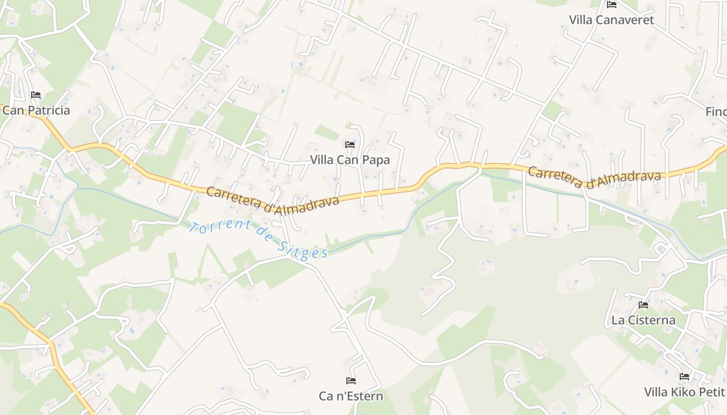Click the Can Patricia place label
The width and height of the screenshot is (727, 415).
(36, 110)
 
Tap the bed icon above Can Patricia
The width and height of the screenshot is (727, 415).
(36, 95)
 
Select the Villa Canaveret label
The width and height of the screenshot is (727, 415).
(611, 20)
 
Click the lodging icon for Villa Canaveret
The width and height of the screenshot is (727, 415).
(612, 5)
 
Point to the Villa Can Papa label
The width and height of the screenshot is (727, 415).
(350, 160)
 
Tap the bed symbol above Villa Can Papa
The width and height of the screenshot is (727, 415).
(350, 144)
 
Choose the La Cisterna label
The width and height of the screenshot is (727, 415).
(643, 320)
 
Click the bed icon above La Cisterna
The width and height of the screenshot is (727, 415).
(643, 305)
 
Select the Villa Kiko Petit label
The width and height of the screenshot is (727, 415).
(684, 392)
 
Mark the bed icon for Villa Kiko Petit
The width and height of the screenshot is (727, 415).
(684, 377)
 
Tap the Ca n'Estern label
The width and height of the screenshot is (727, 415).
(351, 396)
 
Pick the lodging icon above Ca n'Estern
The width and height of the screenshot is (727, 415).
(351, 381)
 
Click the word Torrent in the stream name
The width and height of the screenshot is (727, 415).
(220, 230)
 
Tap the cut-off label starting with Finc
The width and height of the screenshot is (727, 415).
(716, 112)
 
